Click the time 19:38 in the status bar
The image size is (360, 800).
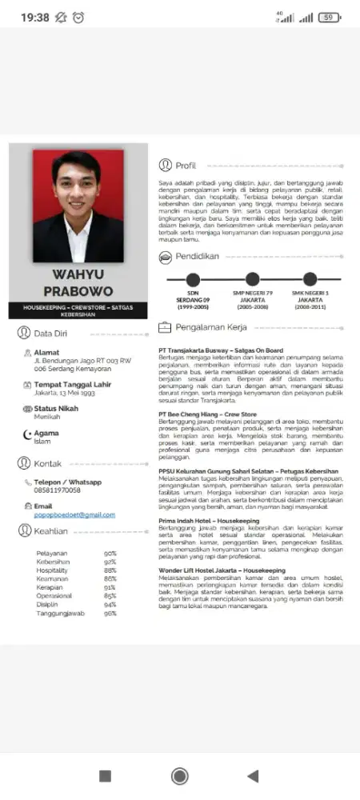[x=35, y=17]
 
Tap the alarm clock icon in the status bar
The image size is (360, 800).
[x=78, y=17]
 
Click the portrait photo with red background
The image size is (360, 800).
[x=78, y=206]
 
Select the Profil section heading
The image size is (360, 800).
[x=186, y=166]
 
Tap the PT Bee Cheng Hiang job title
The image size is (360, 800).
[x=207, y=414]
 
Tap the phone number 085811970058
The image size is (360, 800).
[x=57, y=490]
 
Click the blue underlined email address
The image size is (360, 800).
[x=74, y=514]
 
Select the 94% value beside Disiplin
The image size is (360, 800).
[x=110, y=582]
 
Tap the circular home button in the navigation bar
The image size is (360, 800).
[x=180, y=775]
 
